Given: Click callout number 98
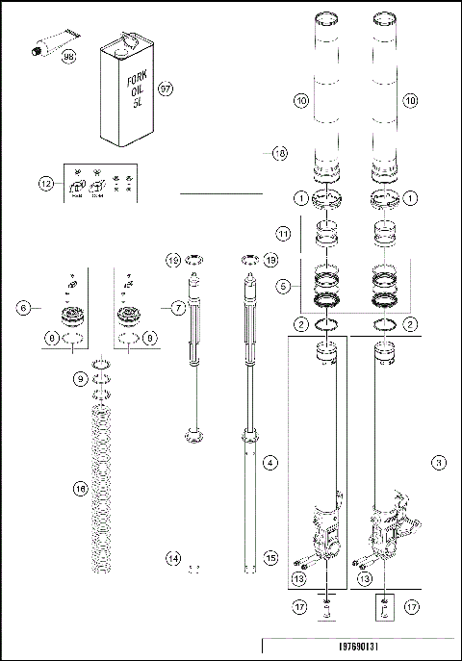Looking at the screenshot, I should pos(68,57).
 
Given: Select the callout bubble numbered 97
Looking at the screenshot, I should pos(165,89).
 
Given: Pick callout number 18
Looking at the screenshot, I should pos(279,152).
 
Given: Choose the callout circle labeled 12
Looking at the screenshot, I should pos(43,183).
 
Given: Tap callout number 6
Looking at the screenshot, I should pos(22,308).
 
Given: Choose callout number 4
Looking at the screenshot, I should pos(270,464).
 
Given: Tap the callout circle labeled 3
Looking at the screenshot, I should pos(439,463).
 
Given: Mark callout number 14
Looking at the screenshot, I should pos(172,558).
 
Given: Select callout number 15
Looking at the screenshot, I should pos(270,558).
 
